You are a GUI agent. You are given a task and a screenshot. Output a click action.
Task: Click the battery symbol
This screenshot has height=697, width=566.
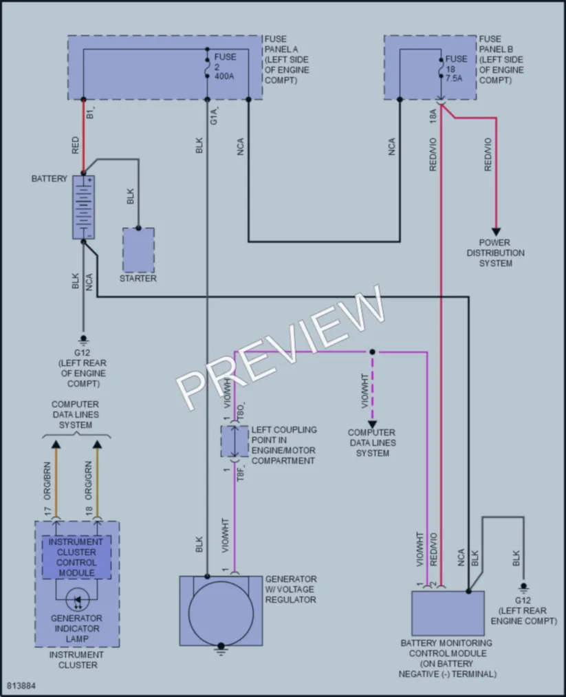(83, 207)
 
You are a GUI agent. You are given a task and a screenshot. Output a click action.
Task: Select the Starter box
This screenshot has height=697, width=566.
(139, 250)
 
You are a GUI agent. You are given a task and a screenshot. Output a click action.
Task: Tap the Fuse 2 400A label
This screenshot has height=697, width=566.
(225, 67)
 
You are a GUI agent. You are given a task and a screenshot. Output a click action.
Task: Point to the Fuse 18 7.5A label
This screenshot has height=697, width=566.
(456, 68)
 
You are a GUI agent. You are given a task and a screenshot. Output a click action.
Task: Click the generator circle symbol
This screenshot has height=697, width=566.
(221, 614)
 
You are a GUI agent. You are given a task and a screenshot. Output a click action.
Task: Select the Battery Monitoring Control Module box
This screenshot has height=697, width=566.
(448, 613)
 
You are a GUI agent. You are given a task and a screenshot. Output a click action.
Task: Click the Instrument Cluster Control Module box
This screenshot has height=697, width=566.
(76, 557)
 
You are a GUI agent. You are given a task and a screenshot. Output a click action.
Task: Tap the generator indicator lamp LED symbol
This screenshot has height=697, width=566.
(77, 601)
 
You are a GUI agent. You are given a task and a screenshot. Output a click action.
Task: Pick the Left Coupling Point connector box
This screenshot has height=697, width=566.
(235, 442)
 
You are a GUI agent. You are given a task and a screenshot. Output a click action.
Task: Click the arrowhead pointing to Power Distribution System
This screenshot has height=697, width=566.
(496, 232)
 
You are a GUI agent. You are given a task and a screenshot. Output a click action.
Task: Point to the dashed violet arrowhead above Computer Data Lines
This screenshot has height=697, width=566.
(372, 425)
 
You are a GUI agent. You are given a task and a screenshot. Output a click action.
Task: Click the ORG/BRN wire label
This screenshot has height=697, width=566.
(47, 481)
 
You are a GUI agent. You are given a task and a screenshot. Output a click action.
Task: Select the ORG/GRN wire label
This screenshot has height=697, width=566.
(89, 480)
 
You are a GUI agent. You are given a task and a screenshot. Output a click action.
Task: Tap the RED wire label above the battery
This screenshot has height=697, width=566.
(75, 145)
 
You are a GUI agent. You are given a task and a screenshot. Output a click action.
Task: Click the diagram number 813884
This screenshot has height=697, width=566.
(21, 686)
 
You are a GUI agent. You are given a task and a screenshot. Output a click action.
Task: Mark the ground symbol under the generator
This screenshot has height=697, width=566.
(221, 651)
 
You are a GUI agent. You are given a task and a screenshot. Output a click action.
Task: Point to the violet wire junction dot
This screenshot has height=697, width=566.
(372, 352)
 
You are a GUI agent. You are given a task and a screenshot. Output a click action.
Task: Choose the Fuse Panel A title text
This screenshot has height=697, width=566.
(287, 60)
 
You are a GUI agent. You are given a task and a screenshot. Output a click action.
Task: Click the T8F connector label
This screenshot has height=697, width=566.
(240, 474)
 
